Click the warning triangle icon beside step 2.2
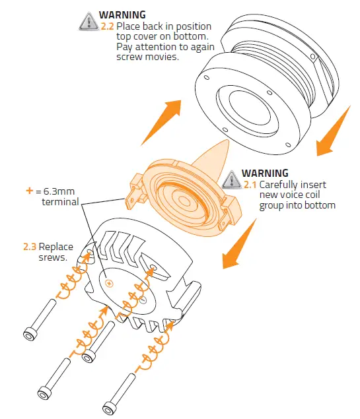[x=89, y=22]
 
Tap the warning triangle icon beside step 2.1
[x=232, y=178]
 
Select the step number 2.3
[x=30, y=247]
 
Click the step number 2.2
[x=107, y=26]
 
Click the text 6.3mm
[x=62, y=191]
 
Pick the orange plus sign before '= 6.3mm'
[x=29, y=191]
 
